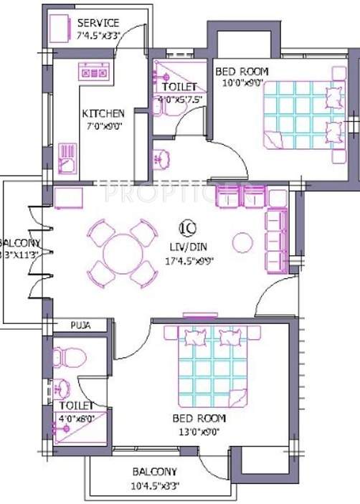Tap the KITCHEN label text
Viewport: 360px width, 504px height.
(103, 113)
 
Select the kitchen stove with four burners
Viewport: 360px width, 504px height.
(94, 72)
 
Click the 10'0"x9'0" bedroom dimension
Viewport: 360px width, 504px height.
(241, 82)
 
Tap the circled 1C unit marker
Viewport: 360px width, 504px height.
(187, 229)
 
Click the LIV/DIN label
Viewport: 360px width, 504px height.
(187, 246)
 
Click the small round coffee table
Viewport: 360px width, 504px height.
(243, 241)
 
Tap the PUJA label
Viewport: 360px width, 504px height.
(80, 325)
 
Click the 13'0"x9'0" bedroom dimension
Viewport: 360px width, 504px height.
(199, 431)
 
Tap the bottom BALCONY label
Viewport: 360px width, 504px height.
(154, 472)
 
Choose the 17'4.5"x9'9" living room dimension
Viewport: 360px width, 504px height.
(188, 260)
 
